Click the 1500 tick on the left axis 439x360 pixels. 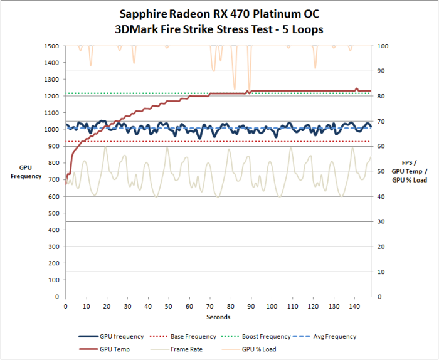52,46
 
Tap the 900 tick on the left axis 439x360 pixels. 54,147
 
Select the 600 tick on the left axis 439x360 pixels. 54,197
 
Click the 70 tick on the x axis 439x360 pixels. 209,306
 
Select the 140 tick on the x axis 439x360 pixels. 354,306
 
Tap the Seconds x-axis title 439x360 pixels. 219,317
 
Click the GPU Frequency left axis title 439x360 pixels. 26,172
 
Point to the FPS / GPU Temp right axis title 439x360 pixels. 410,171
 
